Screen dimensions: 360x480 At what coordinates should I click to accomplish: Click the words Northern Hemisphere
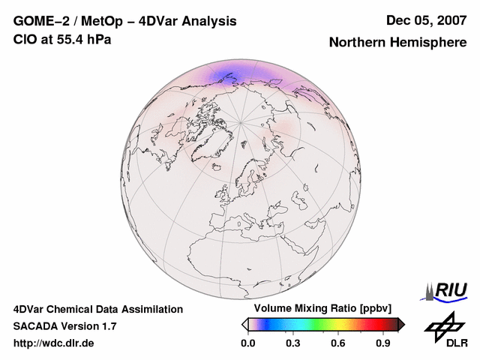point(397,42)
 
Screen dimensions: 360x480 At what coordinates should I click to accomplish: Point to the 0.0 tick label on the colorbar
point(248,343)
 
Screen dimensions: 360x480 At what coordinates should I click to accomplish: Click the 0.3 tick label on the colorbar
point(293,343)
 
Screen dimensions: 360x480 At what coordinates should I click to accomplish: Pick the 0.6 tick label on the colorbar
point(339,343)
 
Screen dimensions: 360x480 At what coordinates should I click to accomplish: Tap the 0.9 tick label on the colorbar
point(384,343)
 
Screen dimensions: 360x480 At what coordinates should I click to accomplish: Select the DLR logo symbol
point(442,326)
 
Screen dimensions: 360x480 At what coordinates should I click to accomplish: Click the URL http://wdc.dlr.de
point(54,343)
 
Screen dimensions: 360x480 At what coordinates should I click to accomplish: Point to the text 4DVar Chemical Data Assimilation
point(98,309)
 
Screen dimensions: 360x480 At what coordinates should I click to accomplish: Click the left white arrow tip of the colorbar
point(244,324)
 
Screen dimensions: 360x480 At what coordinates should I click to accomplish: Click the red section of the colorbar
point(371,324)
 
